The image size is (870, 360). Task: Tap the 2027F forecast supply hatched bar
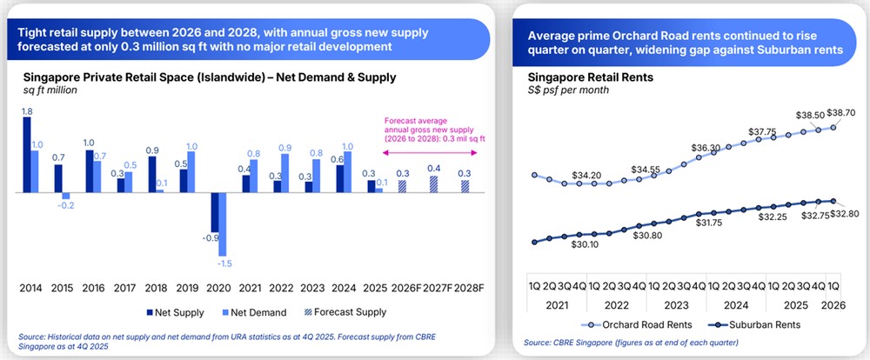click(432, 183)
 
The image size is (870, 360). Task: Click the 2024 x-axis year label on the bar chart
click(344, 287)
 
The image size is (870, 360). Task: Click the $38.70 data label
click(839, 113)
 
